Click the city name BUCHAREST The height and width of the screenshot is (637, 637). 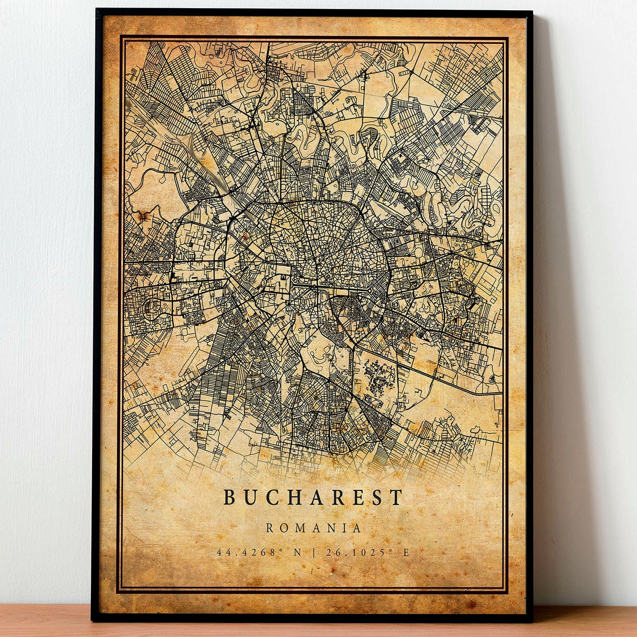pos(313,497)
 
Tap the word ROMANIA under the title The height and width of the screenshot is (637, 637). pos(313,528)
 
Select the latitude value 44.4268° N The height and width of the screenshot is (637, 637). pos(259,552)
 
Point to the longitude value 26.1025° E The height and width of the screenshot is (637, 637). pos(367,552)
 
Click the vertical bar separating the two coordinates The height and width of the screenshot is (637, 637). pos(314,552)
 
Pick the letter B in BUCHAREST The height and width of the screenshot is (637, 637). pos(229,497)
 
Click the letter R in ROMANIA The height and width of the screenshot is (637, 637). pos(270,528)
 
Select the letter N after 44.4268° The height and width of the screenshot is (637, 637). pos(297,552)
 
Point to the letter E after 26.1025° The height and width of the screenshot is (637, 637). pos(406,552)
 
